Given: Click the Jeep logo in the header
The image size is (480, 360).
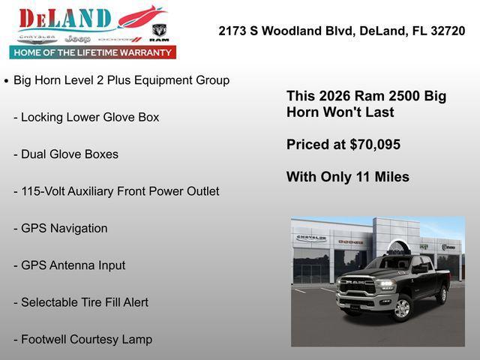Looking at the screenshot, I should (78, 38).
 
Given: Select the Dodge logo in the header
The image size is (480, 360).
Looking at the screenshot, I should (120, 38).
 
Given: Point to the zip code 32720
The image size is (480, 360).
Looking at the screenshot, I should (447, 31).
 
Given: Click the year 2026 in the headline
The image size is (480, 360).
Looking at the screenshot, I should (334, 96).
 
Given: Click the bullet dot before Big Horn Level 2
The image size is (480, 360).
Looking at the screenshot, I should (7, 80).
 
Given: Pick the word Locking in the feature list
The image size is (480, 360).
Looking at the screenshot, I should (44, 118).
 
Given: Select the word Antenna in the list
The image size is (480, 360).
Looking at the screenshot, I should (73, 265).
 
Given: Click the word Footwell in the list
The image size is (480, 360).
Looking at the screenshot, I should (45, 340).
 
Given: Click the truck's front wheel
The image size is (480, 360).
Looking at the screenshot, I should (402, 307).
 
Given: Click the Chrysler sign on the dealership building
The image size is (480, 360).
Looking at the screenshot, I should (311, 238).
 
